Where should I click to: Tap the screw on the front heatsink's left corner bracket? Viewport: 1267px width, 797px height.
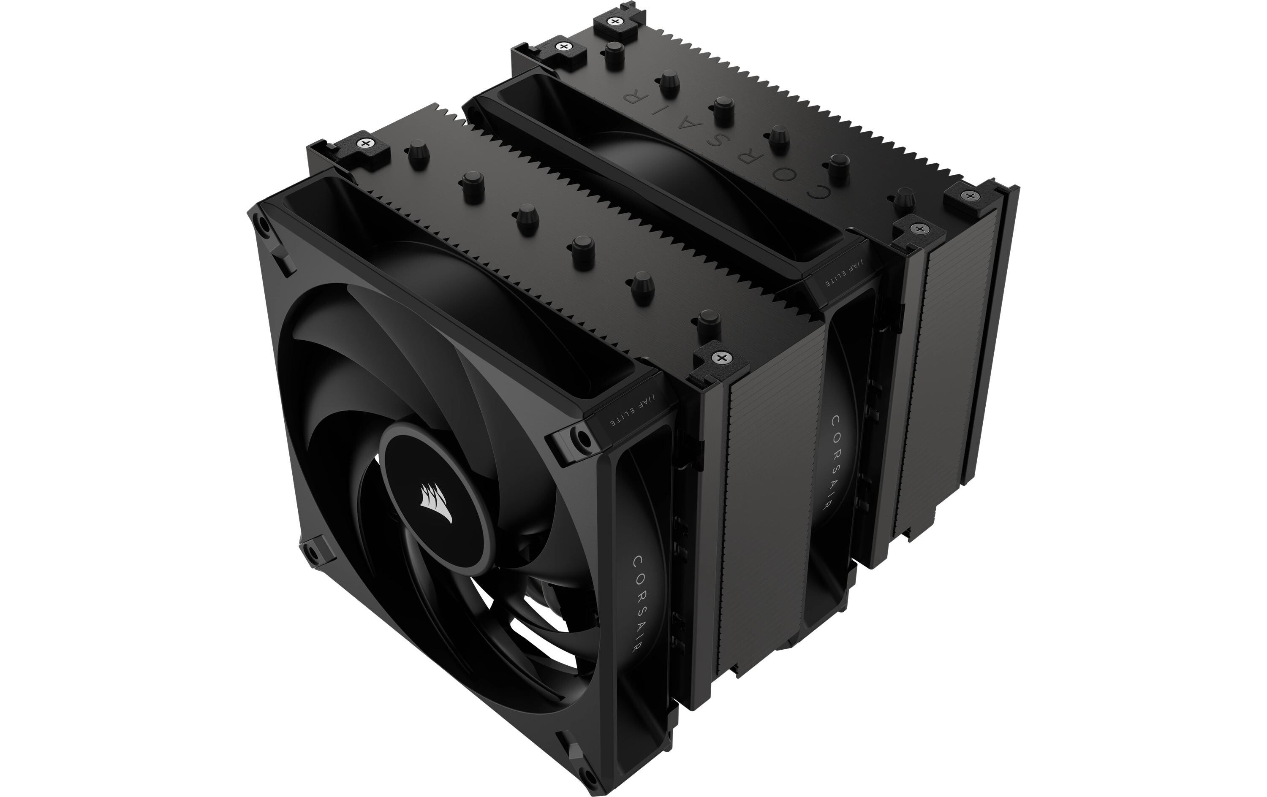point(364,143)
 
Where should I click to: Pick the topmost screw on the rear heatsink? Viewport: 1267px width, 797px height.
point(614,21)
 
